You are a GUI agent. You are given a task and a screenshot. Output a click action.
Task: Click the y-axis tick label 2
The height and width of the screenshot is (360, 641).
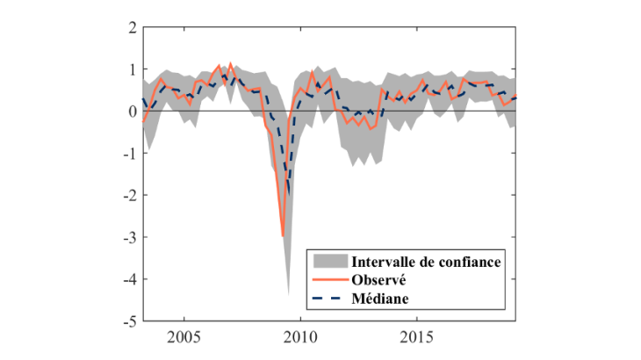[131, 27]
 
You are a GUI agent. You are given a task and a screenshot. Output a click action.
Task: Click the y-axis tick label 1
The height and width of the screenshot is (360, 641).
[131, 69]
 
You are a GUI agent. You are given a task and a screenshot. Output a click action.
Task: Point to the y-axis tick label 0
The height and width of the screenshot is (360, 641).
[131, 112]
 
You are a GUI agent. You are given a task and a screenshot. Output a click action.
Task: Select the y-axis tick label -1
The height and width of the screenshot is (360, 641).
[128, 154]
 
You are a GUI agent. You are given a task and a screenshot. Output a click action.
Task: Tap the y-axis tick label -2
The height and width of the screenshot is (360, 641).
[128, 195]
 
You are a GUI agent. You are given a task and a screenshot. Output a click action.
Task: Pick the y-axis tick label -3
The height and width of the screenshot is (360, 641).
[128, 237]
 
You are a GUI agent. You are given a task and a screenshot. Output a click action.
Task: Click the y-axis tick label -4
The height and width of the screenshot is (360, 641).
[128, 279]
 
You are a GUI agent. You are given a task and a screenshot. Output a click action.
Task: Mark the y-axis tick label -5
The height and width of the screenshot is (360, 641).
[128, 321]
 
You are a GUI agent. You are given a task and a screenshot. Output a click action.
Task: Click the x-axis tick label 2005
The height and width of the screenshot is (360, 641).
[184, 338]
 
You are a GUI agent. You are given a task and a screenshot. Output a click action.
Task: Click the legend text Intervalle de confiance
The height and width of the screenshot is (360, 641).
[427, 262]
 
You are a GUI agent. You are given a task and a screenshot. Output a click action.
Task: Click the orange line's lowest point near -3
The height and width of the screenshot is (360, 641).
[283, 235]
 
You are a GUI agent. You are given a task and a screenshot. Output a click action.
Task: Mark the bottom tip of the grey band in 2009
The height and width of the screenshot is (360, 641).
[289, 295]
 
